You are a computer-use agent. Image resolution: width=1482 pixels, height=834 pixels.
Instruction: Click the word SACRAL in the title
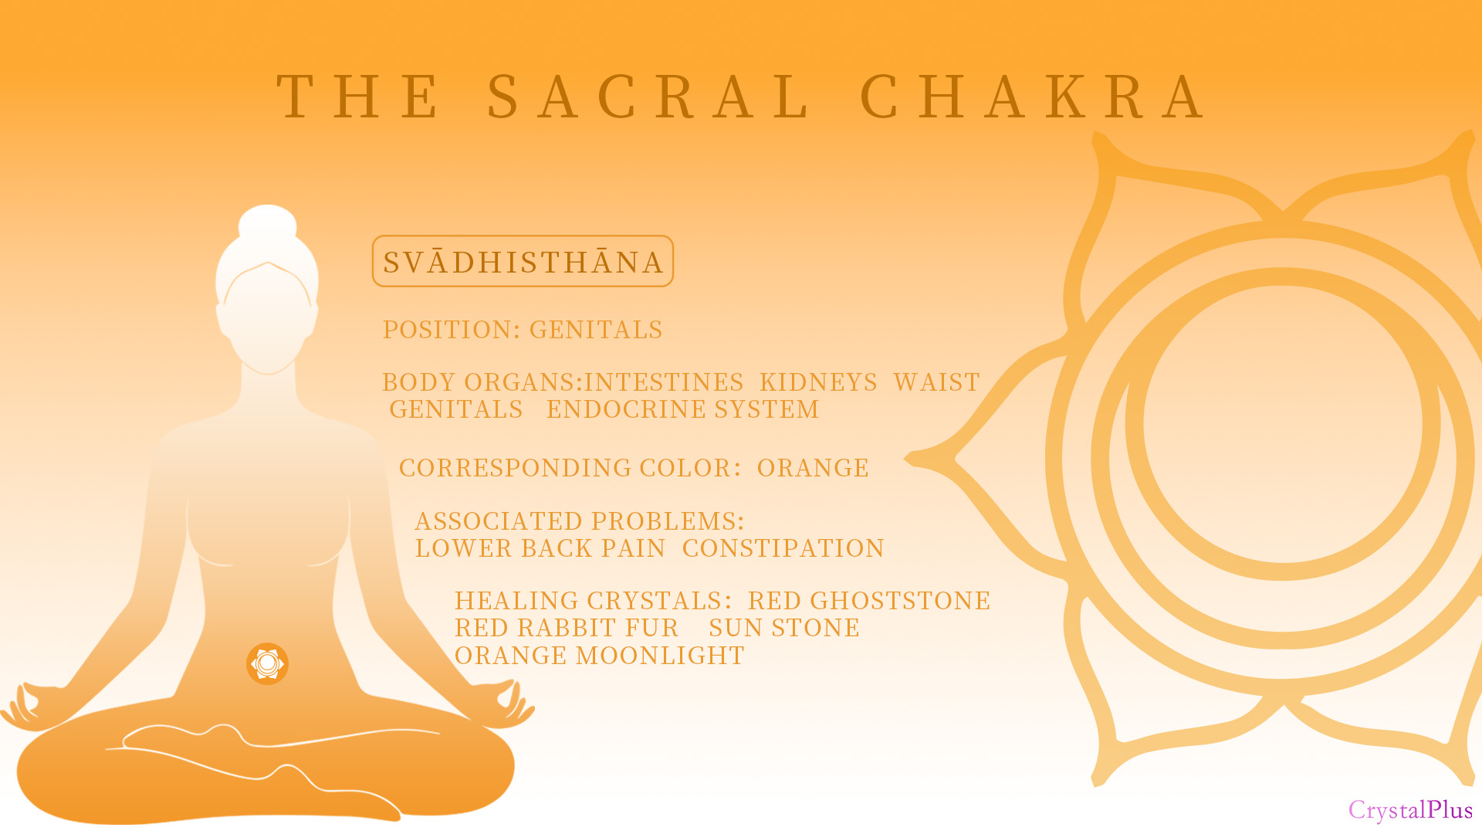click(647, 97)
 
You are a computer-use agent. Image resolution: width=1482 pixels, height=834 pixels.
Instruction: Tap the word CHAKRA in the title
click(1032, 97)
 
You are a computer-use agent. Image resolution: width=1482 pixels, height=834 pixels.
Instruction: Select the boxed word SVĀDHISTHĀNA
click(523, 262)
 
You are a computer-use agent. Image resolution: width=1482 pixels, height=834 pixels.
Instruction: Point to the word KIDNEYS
click(818, 382)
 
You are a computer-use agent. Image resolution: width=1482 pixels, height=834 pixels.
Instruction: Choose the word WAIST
click(936, 382)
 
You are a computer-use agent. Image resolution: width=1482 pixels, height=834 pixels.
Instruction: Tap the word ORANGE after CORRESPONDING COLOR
click(813, 468)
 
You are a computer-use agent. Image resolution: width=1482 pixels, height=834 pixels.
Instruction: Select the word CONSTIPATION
click(783, 548)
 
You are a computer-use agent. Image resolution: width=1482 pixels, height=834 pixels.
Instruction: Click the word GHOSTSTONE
click(900, 601)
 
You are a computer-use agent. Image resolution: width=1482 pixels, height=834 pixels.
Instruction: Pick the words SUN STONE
click(784, 628)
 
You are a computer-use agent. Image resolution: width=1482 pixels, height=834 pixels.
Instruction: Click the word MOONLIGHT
click(660, 656)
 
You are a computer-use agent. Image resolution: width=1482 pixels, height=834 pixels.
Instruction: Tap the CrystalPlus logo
click(1410, 809)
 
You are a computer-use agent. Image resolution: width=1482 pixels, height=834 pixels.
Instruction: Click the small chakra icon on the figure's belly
click(267, 663)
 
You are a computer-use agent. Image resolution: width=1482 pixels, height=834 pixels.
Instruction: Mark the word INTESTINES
click(664, 382)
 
